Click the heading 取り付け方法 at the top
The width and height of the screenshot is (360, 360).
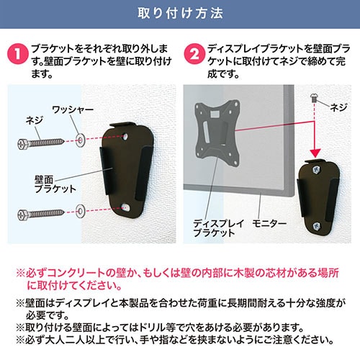coord(179,14)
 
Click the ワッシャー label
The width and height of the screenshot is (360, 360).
coord(72,111)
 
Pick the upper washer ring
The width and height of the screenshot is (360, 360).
coord(78,137)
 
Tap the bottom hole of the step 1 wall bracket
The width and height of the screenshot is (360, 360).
coord(127,207)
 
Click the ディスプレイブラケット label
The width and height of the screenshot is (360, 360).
coord(215,229)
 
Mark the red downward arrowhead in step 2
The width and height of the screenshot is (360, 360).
coord(313,154)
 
